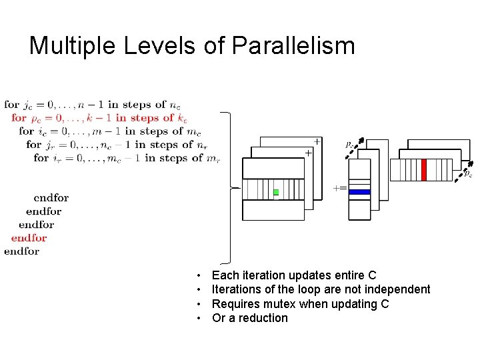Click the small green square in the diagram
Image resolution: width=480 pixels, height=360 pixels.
coord(276,192)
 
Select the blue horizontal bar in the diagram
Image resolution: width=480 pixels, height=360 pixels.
coord(359,192)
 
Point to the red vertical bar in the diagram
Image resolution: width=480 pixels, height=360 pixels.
coord(423,169)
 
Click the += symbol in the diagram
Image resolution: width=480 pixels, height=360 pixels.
coord(339,188)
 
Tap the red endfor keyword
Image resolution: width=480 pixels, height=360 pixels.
coord(29,238)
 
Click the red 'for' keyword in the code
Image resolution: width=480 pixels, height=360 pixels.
coord(19,118)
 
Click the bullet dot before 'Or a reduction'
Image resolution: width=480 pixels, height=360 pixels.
coord(199,318)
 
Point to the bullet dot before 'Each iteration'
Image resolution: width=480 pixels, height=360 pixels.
coord(199,275)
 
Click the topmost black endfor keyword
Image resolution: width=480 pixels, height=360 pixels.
coord(51,198)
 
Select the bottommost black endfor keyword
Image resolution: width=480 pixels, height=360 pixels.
coord(21,251)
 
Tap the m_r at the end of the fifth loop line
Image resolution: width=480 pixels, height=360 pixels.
coord(213,159)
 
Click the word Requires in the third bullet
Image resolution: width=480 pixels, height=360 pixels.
coord(235,304)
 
